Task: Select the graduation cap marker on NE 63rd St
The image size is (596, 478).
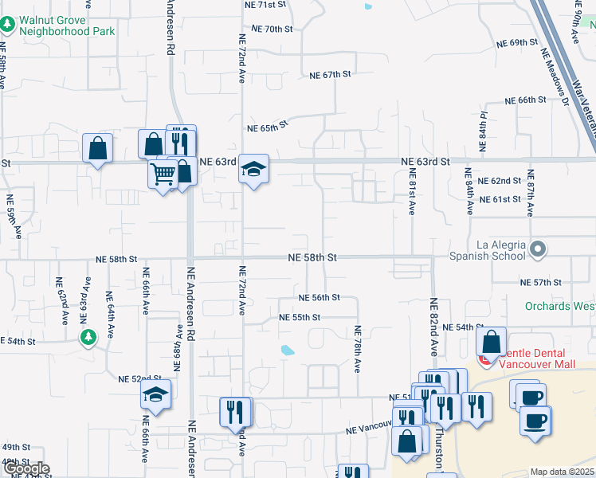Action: tap(254, 169)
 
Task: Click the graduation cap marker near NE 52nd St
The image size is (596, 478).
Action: tap(155, 394)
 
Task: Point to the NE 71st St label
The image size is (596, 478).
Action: tap(267, 6)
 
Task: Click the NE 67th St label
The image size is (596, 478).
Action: tap(331, 75)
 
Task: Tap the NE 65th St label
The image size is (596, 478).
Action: tap(266, 127)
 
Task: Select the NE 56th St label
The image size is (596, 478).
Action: tap(320, 297)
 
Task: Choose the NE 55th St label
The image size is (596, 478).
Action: tap(300, 317)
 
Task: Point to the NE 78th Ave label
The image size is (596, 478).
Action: tap(358, 349)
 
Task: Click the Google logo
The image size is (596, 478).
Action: tap(25, 468)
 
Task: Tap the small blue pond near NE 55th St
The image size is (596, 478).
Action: tap(288, 349)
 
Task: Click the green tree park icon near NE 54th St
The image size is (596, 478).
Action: tap(88, 339)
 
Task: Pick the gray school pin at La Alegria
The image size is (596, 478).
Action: tap(539, 250)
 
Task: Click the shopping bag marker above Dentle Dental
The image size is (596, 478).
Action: tap(492, 342)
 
